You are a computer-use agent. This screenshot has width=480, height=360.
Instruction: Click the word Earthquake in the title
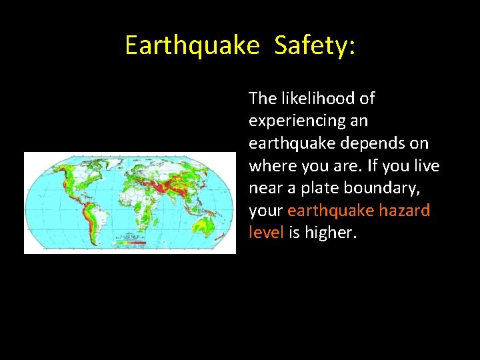[x=192, y=45]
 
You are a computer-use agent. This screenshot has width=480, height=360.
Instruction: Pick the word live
[x=425, y=166]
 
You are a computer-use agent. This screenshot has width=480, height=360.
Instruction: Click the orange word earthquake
[x=329, y=211]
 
